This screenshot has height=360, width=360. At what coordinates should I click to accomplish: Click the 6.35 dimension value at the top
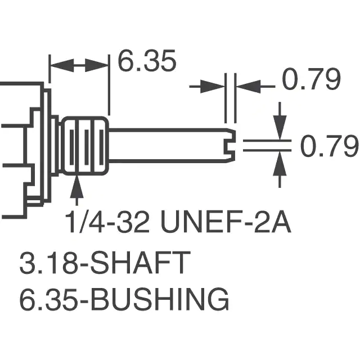point(147,61)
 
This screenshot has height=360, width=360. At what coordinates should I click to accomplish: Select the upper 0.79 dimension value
point(311,79)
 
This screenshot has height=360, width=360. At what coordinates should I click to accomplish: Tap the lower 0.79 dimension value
point(329,146)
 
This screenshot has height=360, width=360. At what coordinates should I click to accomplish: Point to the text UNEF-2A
point(226,222)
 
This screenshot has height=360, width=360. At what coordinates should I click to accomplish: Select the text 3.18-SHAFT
point(105,262)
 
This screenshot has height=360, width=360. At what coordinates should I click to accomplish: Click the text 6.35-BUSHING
point(124,299)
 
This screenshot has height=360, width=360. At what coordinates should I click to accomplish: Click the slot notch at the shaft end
point(229,146)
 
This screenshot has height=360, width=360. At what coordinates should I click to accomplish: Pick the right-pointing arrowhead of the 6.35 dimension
point(97,65)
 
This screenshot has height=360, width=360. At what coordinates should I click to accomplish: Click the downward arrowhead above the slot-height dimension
point(280,127)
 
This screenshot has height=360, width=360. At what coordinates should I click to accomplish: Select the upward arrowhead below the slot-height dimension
point(280,164)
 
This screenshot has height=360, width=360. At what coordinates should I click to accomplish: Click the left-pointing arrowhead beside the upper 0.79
point(249,87)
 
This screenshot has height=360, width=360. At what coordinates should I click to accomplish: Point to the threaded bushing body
point(85,146)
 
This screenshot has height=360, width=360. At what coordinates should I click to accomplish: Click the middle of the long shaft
point(172,146)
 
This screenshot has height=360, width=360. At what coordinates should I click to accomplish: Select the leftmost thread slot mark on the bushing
point(71,147)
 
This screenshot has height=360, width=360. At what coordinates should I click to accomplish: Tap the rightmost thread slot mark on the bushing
point(101,147)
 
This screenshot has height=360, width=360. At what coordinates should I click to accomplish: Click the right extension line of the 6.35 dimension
point(109,85)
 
